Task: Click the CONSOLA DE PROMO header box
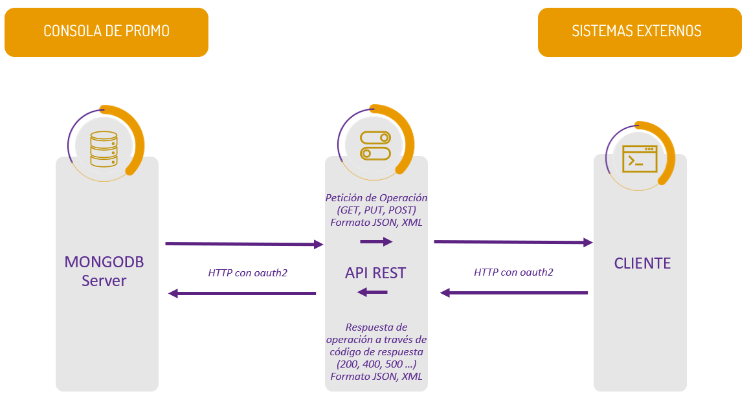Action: pyautogui.click(x=106, y=31)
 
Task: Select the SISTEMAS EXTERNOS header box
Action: pyautogui.click(x=639, y=31)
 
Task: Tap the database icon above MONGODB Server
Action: pyautogui.click(x=104, y=149)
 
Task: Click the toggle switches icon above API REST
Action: pyautogui.click(x=375, y=145)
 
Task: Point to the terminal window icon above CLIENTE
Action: pyautogui.click(x=640, y=159)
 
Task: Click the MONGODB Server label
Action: pyautogui.click(x=104, y=271)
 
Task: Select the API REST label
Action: pyautogui.click(x=375, y=272)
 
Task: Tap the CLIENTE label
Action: pyautogui.click(x=642, y=263)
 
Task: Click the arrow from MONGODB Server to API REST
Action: pyautogui.click(x=244, y=244)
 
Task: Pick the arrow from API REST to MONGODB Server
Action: pyautogui.click(x=242, y=293)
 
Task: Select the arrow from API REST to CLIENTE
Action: pyautogui.click(x=513, y=242)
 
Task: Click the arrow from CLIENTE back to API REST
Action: pyautogui.click(x=514, y=293)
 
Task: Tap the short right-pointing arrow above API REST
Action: pyautogui.click(x=376, y=242)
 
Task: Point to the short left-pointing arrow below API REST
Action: pyautogui.click(x=373, y=293)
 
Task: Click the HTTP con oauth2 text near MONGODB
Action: pyautogui.click(x=247, y=272)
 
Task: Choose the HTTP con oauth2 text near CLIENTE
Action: pyautogui.click(x=513, y=272)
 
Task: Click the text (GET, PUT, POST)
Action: pyautogui.click(x=375, y=210)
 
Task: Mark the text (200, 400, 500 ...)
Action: pyautogui.click(x=375, y=364)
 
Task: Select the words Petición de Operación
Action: pyautogui.click(x=375, y=197)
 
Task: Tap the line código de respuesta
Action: pyautogui.click(x=375, y=352)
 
